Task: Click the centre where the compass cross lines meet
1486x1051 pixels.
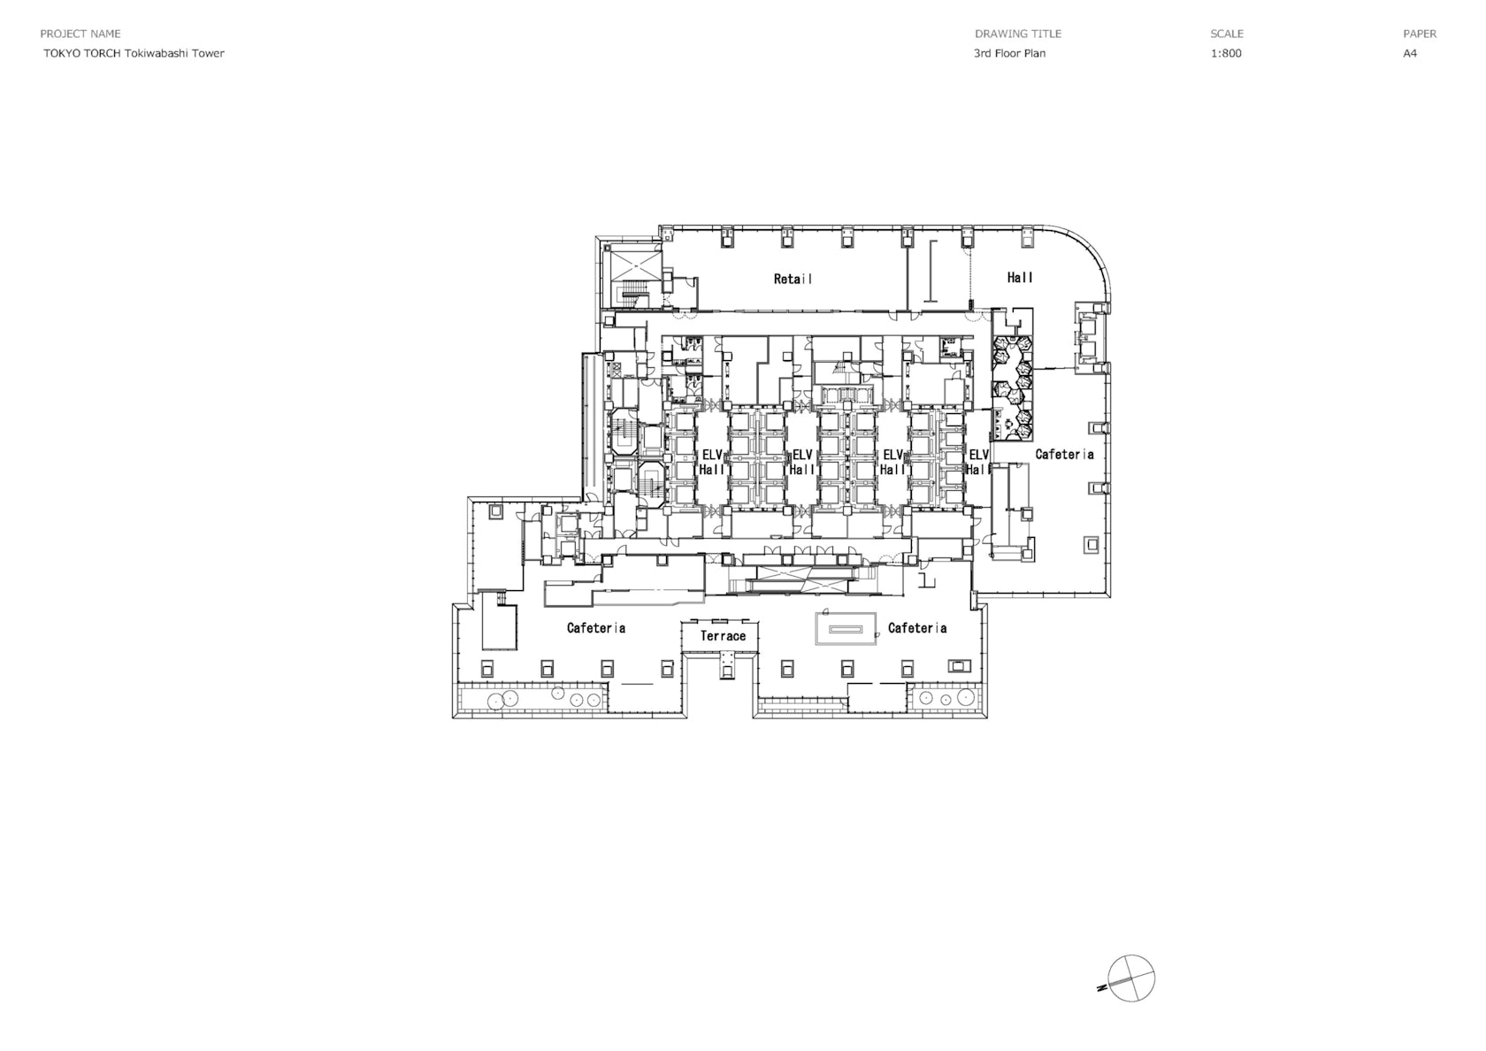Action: coord(1131,978)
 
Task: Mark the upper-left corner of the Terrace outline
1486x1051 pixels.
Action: coord(682,622)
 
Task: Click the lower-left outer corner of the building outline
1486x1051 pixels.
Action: coord(453,718)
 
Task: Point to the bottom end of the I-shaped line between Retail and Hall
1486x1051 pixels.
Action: coord(932,302)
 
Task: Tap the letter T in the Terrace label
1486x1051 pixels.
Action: coord(704,635)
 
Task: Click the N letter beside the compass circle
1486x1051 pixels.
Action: coord(1102,989)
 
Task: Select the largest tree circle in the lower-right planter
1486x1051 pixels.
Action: coord(965,697)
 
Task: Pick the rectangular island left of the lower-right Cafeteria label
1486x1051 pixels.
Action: coord(846,628)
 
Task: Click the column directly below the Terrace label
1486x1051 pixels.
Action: coord(728,671)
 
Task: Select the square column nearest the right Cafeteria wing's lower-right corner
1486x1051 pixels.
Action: coord(1092,544)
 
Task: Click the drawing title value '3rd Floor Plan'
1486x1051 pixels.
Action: coord(1009,53)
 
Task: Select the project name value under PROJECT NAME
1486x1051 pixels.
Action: coord(134,53)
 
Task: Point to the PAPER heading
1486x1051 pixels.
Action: coord(1420,34)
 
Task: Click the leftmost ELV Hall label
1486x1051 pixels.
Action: coord(712,462)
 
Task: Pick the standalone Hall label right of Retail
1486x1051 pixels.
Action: coord(1020,278)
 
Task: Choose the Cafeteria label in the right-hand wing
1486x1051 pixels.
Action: coord(1064,455)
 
